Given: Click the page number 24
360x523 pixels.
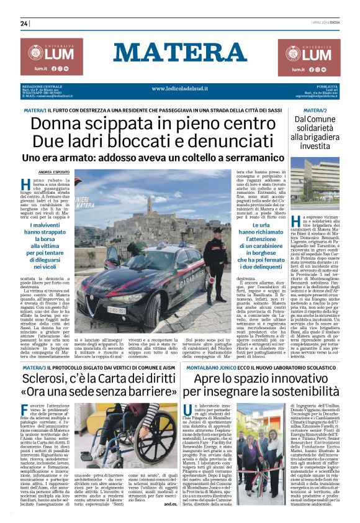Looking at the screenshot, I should click(24, 24).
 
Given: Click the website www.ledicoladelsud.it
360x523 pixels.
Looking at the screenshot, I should click(180, 89).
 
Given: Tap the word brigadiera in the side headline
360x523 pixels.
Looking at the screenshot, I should click(321, 136).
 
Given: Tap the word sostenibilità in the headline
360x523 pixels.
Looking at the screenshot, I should click(297, 376).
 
